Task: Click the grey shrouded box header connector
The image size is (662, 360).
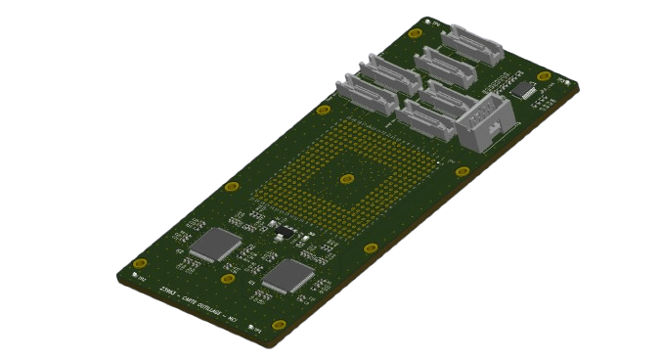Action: tap(482, 122)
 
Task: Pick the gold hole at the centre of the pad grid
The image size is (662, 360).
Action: tap(345, 178)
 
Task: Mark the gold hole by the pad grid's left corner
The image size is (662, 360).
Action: tap(232, 186)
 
